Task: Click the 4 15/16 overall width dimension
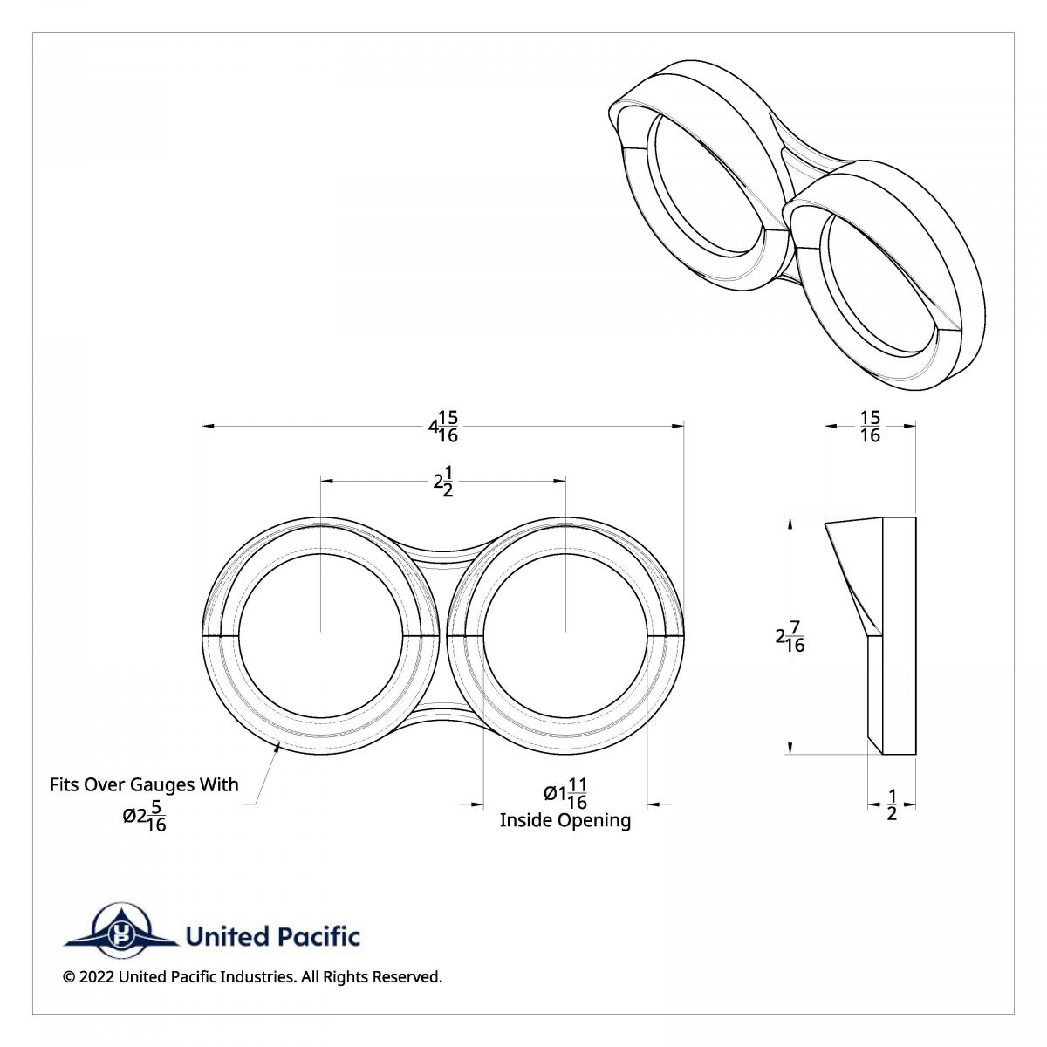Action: click(443, 426)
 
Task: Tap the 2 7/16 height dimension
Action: click(790, 636)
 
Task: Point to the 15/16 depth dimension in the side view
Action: click(870, 426)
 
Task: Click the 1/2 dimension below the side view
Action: click(891, 804)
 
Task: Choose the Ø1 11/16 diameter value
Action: click(565, 793)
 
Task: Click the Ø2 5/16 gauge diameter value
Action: click(145, 816)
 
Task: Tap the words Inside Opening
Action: click(565, 820)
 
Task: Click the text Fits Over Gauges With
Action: click(144, 784)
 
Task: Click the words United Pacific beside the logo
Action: click(272, 937)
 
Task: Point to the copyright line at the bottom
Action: click(252, 977)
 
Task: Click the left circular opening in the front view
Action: click(321, 634)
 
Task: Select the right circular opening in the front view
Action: click(565, 634)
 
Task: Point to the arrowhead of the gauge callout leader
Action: click(277, 744)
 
